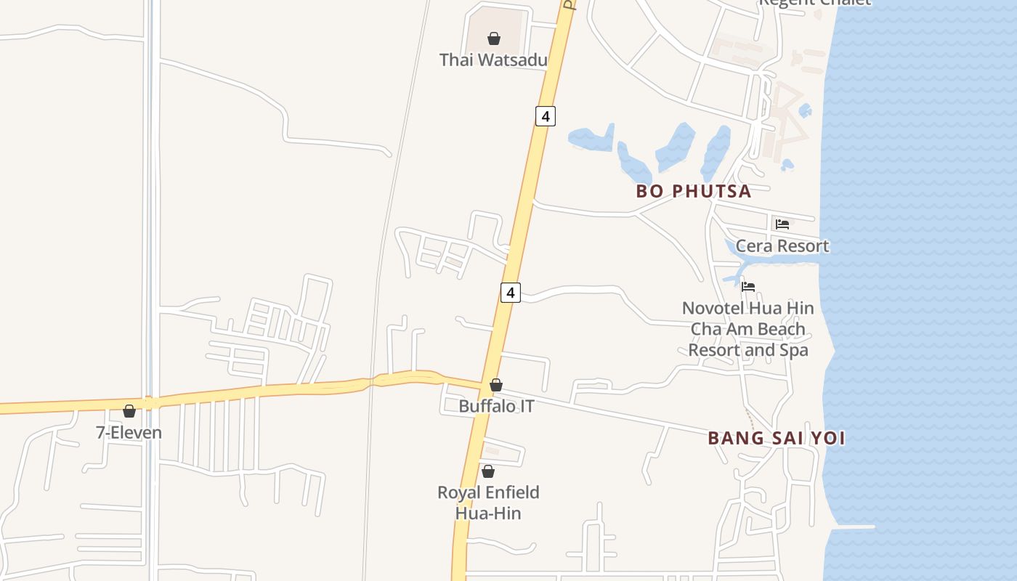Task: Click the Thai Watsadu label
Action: [x=493, y=60]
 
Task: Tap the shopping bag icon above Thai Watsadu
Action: [x=494, y=38]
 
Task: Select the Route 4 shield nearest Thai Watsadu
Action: [x=546, y=115]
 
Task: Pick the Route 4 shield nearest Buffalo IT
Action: [x=511, y=293]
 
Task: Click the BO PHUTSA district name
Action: [x=693, y=191]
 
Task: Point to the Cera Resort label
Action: [x=782, y=245]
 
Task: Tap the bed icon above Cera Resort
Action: [x=782, y=224]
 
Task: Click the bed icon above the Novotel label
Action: [x=748, y=287]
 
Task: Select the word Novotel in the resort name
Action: [x=711, y=308]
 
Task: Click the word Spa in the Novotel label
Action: [x=794, y=350]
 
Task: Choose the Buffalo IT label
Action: [x=496, y=406]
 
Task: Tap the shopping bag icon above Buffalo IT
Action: [x=496, y=385]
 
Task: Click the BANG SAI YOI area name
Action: [x=777, y=438]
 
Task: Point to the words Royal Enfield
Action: [x=488, y=492]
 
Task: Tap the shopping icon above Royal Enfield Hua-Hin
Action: [x=488, y=471]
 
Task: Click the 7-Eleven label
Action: [x=129, y=433]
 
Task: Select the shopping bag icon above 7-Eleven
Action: [x=129, y=412]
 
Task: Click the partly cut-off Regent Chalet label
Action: [x=814, y=3]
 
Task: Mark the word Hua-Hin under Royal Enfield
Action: [x=488, y=513]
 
